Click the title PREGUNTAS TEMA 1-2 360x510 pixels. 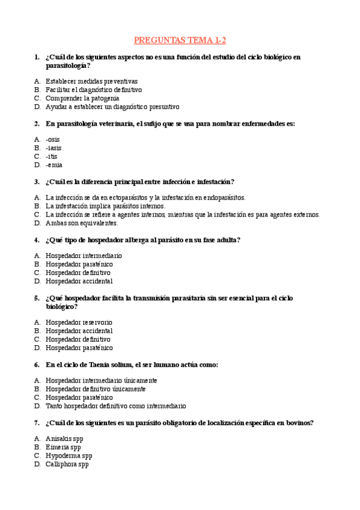(180, 40)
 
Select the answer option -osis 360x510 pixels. (53, 140)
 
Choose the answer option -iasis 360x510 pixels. (53, 148)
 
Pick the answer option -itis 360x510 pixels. (52, 156)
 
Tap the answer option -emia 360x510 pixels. (54, 165)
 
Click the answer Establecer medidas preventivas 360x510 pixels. (91, 81)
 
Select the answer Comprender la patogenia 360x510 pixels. (82, 98)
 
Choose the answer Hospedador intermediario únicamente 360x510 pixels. (101, 380)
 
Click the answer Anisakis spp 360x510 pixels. (64, 439)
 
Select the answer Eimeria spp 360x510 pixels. (63, 447)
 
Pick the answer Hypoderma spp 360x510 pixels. (69, 456)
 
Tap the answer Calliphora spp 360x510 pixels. (67, 464)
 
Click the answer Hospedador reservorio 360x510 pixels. (79, 322)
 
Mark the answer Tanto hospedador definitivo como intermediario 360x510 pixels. (115, 406)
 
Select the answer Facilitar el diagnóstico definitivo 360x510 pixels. (94, 90)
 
